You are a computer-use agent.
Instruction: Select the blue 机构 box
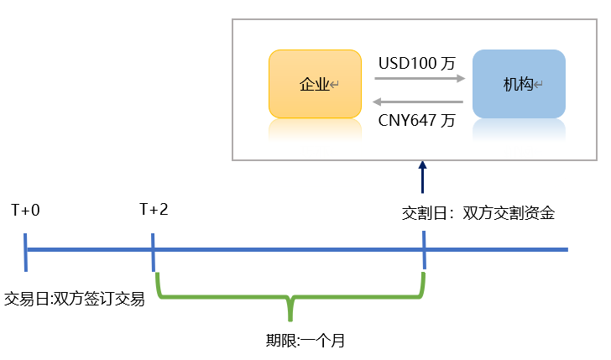click(519, 84)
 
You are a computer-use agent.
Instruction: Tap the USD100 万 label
click(417, 63)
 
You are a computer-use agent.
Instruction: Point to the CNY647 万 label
click(417, 120)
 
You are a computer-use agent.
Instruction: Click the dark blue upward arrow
click(423, 178)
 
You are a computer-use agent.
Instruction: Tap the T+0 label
click(25, 209)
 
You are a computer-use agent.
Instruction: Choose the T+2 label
click(154, 209)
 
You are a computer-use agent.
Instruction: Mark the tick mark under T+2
click(154, 249)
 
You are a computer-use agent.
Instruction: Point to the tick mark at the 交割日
click(424, 249)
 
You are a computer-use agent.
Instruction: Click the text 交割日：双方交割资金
click(478, 213)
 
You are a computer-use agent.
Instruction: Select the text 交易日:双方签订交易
click(75, 299)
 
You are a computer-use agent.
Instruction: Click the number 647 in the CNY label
click(425, 120)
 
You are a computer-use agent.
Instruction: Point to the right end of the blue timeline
click(567, 249)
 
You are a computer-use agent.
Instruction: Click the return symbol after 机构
click(539, 85)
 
